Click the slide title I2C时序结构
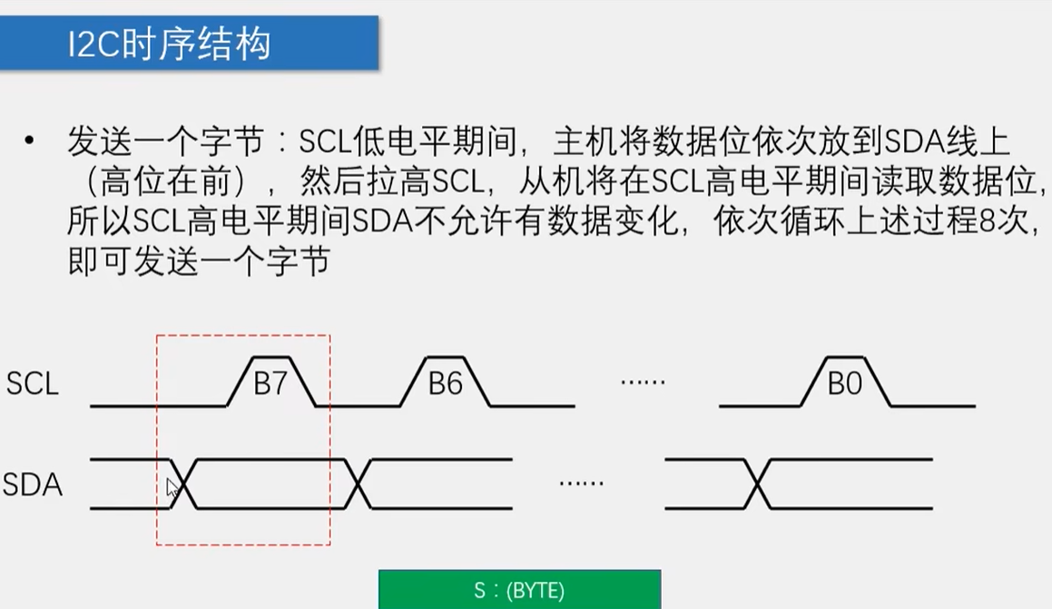(170, 43)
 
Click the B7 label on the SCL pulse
(270, 384)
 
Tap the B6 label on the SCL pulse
(446, 384)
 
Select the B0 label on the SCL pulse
(844, 384)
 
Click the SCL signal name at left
(32, 384)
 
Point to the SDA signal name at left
(32, 485)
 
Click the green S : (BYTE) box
(519, 591)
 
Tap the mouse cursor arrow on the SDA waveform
(172, 487)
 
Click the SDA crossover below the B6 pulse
(360, 485)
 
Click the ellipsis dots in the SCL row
(643, 382)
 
